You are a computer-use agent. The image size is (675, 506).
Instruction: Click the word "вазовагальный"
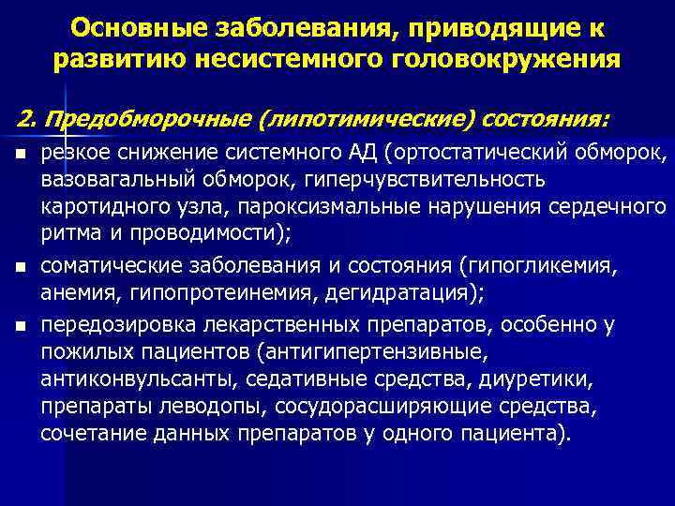pyautogui.click(x=105, y=179)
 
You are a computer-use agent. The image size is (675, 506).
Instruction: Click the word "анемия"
pyautogui.click(x=74, y=294)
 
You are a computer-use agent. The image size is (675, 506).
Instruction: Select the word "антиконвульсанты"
pyautogui.click(x=129, y=381)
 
